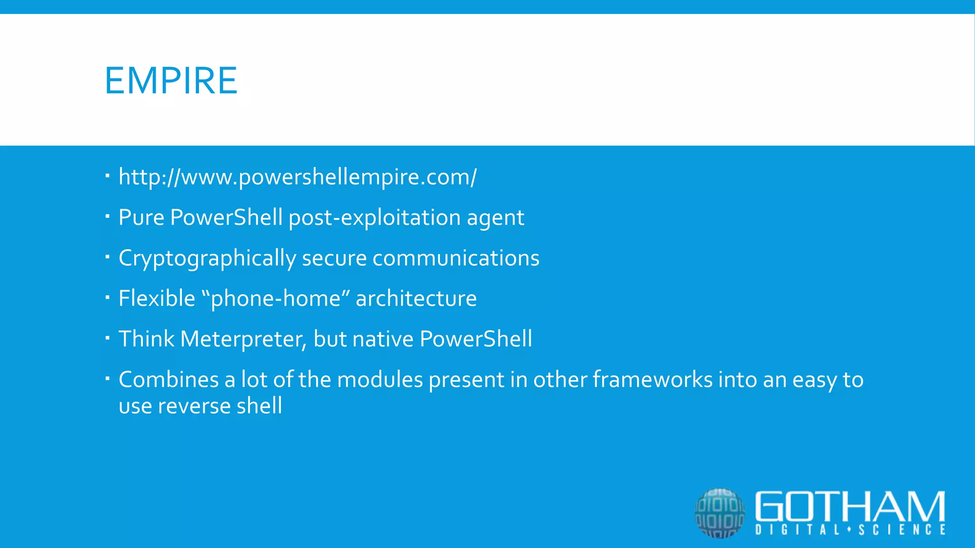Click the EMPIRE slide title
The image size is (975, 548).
tap(171, 81)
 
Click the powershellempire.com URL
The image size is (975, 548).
tap(297, 177)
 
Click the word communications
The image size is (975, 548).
tap(456, 258)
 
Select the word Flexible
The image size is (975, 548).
tap(157, 299)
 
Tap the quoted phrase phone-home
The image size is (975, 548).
tap(276, 299)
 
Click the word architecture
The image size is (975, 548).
tap(416, 299)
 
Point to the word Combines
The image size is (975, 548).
tap(169, 380)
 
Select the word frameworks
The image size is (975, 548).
tap(652, 380)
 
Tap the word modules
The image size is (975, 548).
tap(379, 380)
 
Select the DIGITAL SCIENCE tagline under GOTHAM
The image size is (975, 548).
tap(850, 530)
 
